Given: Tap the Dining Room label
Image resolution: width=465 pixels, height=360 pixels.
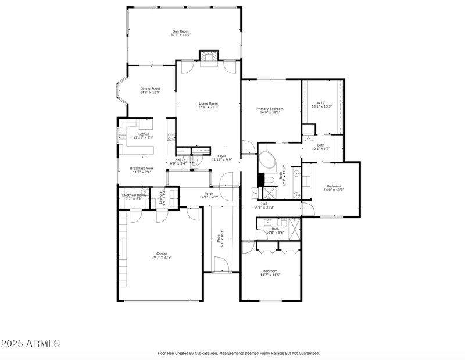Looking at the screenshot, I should (x=150, y=88).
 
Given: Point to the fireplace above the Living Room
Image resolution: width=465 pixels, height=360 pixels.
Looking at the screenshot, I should (x=208, y=57).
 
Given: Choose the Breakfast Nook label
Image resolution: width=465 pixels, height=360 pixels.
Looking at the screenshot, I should (x=142, y=168).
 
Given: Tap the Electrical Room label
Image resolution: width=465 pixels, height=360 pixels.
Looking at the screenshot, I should (x=134, y=195).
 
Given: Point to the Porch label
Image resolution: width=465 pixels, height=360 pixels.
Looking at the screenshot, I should (x=208, y=194).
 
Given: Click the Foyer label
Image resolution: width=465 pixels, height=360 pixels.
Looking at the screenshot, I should (x=222, y=156).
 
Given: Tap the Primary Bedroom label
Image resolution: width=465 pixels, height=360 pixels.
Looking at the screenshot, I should (x=270, y=109).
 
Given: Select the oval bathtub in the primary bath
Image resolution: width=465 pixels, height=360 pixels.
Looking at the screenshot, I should (x=268, y=159).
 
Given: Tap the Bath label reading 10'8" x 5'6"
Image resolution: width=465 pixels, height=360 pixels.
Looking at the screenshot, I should (x=275, y=229).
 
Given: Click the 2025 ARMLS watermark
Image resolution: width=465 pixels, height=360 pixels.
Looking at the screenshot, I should (x=30, y=343).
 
